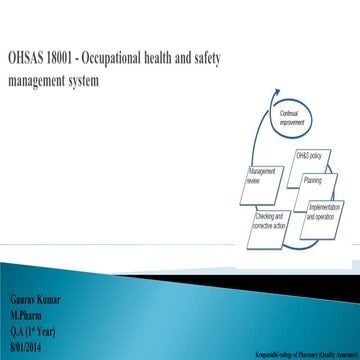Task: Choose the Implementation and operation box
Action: [326, 211]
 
